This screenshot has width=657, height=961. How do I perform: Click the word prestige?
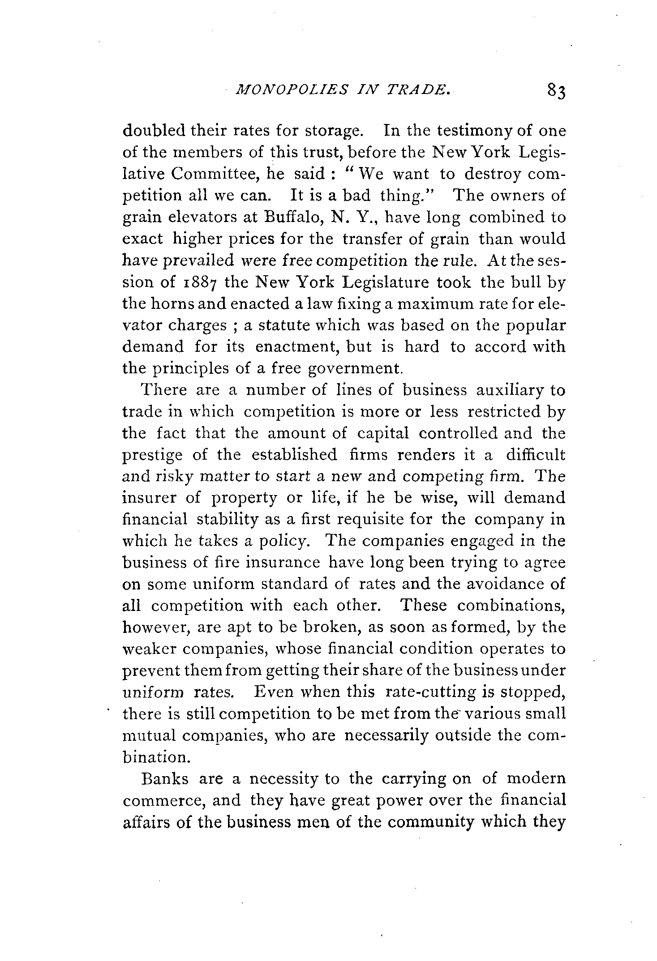point(152,456)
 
